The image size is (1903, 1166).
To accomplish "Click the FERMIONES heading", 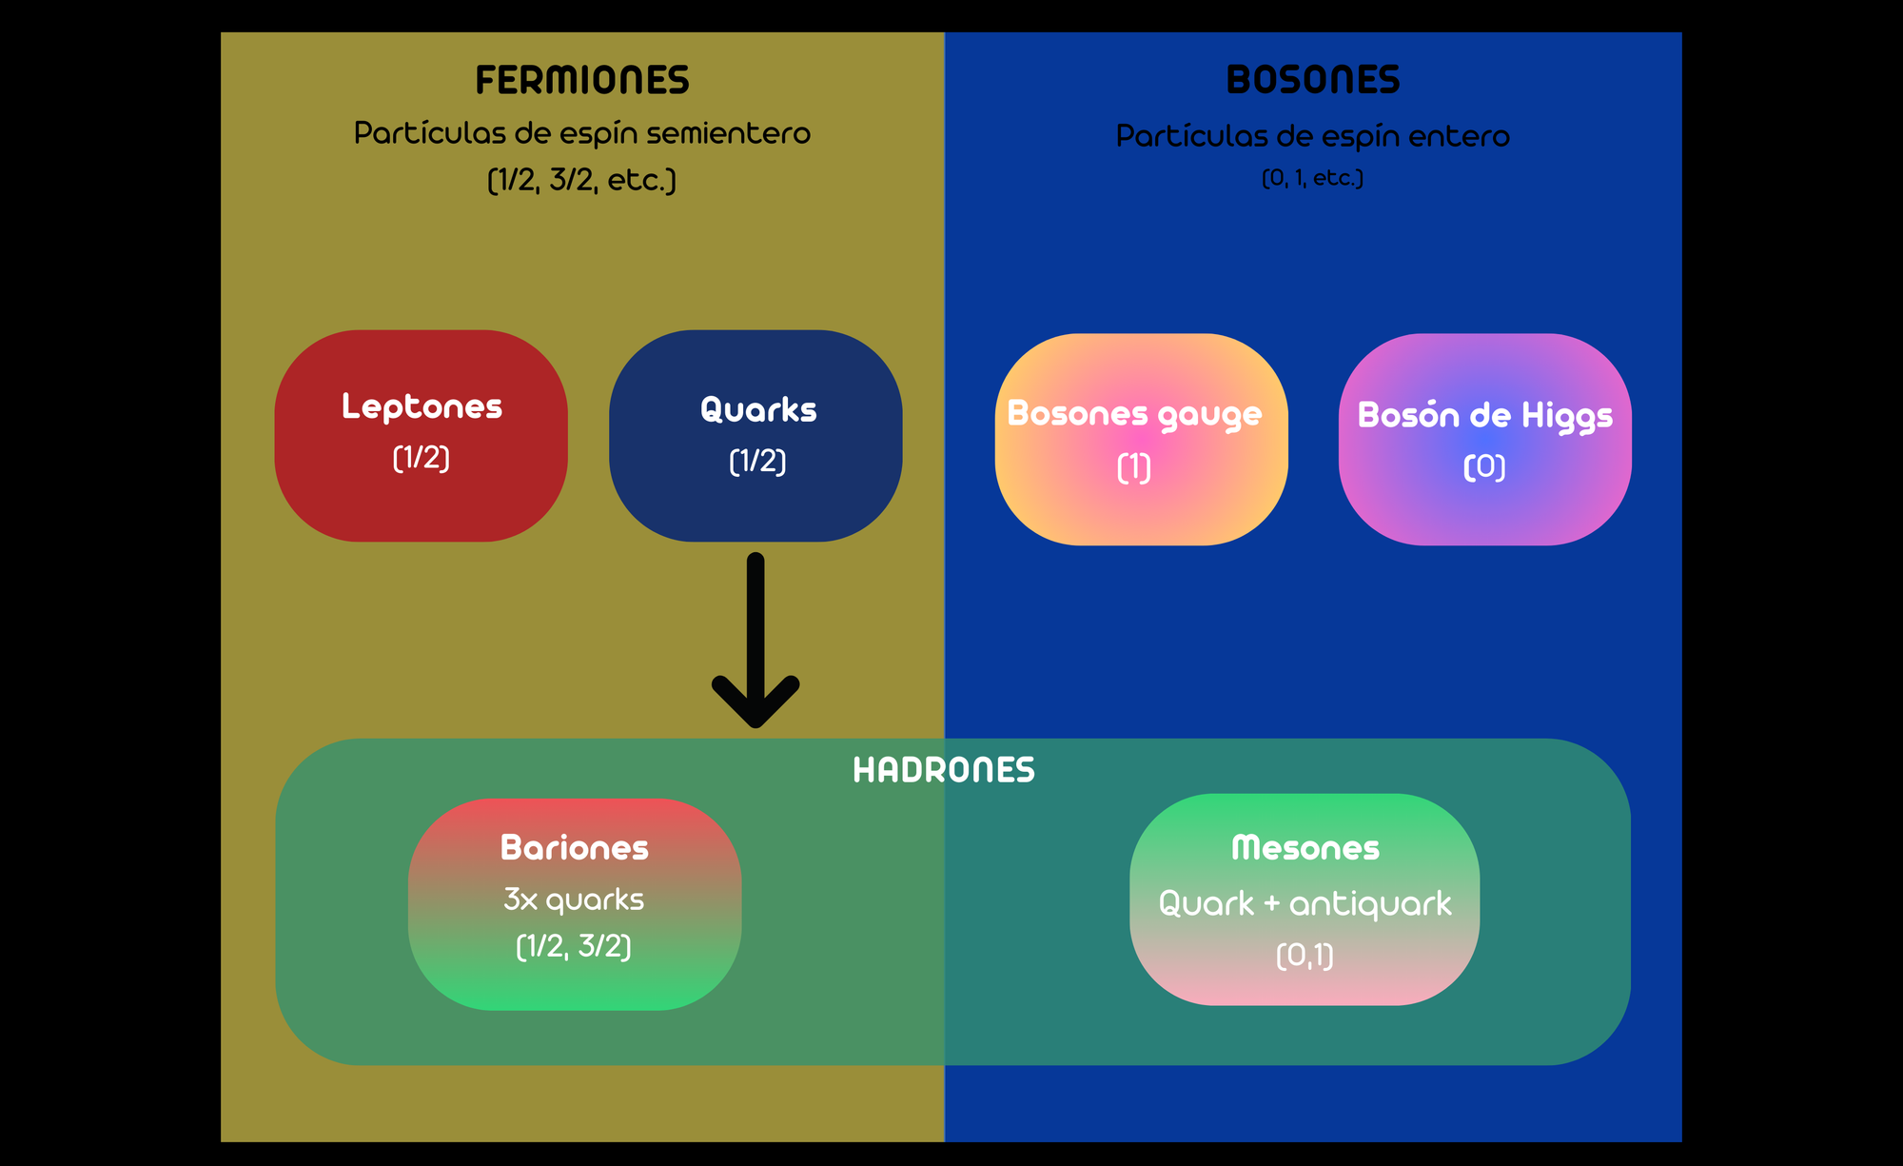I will tap(582, 80).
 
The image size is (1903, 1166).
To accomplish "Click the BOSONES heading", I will tap(1313, 80).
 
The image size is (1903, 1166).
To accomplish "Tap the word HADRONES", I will tap(944, 770).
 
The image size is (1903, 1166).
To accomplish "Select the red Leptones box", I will tap(421, 504).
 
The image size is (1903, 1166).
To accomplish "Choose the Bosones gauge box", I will tap(1141, 514).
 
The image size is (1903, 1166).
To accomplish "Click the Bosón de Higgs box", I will tap(1484, 514).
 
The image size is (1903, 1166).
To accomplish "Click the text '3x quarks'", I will tap(574, 899).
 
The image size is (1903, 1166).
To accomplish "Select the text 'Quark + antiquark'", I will tap(1305, 903).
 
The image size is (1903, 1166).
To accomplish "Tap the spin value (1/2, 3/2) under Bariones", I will tap(574, 946).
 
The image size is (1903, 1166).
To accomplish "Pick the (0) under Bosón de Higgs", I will tap(1484, 466).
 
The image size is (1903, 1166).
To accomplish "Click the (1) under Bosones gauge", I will tap(1134, 467).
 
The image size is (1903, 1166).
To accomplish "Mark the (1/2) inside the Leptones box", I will tap(422, 458).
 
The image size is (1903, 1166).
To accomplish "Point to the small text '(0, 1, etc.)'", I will tap(1313, 178).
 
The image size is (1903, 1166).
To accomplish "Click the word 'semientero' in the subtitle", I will tap(729, 133).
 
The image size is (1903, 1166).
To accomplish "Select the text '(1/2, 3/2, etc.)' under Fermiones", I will tap(581, 180).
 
